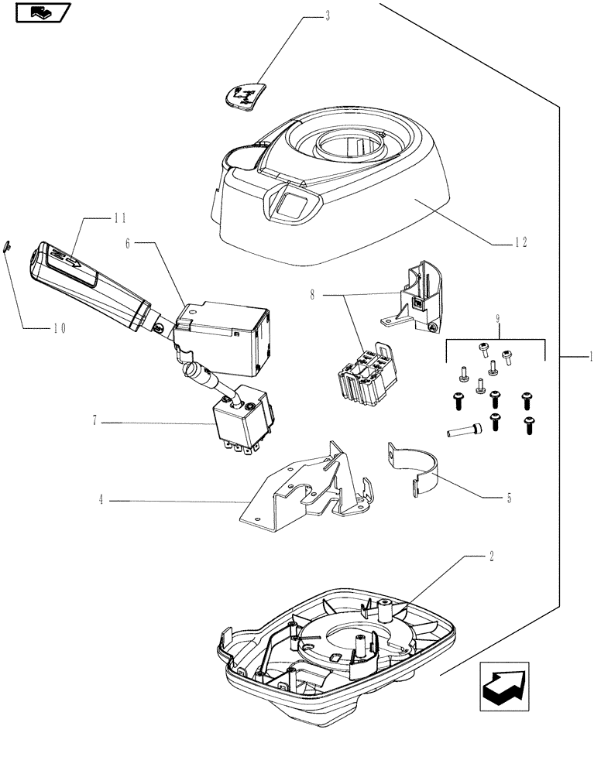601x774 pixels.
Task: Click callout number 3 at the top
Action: [x=328, y=16]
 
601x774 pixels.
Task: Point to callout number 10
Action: [x=60, y=327]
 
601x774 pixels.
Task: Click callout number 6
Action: [x=132, y=243]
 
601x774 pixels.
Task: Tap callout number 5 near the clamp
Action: [x=509, y=498]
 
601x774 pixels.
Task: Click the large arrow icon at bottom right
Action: [x=503, y=684]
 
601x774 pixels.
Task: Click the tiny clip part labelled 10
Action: [x=7, y=245]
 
